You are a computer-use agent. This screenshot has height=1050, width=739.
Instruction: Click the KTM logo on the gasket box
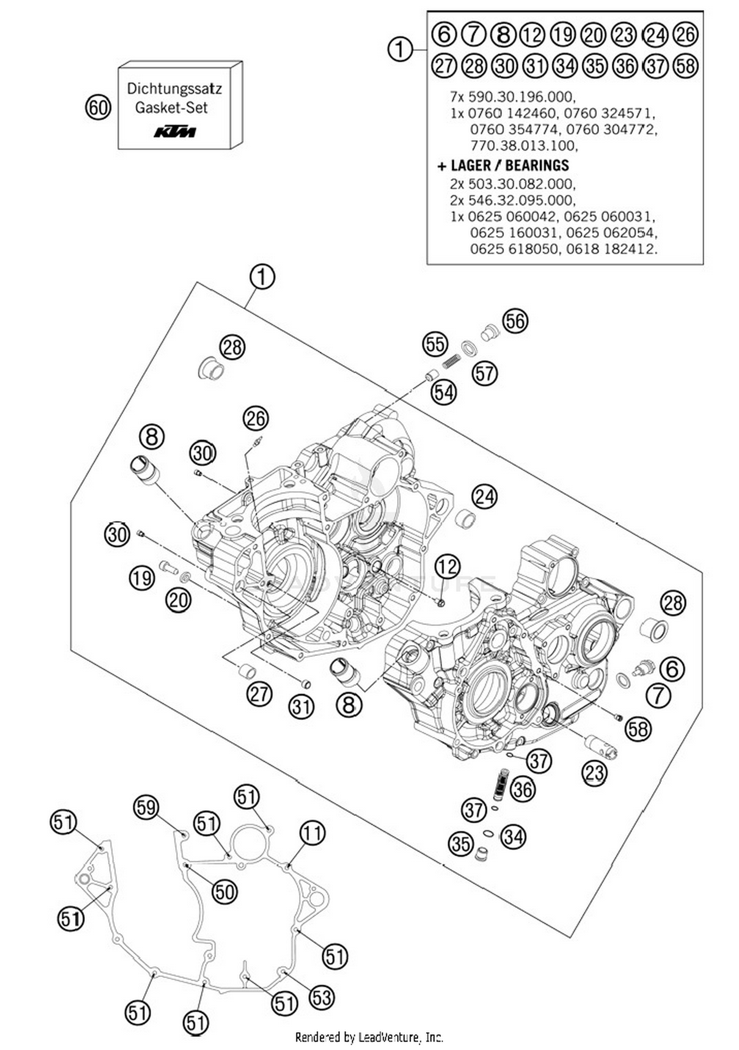point(175,132)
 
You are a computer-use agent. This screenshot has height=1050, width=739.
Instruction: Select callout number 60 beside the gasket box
point(98,107)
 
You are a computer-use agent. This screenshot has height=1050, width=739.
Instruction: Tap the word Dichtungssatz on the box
point(174,89)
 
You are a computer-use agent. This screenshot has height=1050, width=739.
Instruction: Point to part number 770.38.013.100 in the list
point(523,146)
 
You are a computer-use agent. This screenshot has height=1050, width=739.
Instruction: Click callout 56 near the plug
point(515,321)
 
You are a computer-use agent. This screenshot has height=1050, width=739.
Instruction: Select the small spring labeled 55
point(450,362)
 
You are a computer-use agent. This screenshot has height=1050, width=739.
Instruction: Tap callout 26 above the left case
point(256,418)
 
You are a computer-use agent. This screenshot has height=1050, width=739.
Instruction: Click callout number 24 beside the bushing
point(484,497)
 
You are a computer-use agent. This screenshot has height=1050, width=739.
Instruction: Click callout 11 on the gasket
point(312,833)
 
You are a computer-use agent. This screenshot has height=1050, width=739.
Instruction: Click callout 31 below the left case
point(301,707)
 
